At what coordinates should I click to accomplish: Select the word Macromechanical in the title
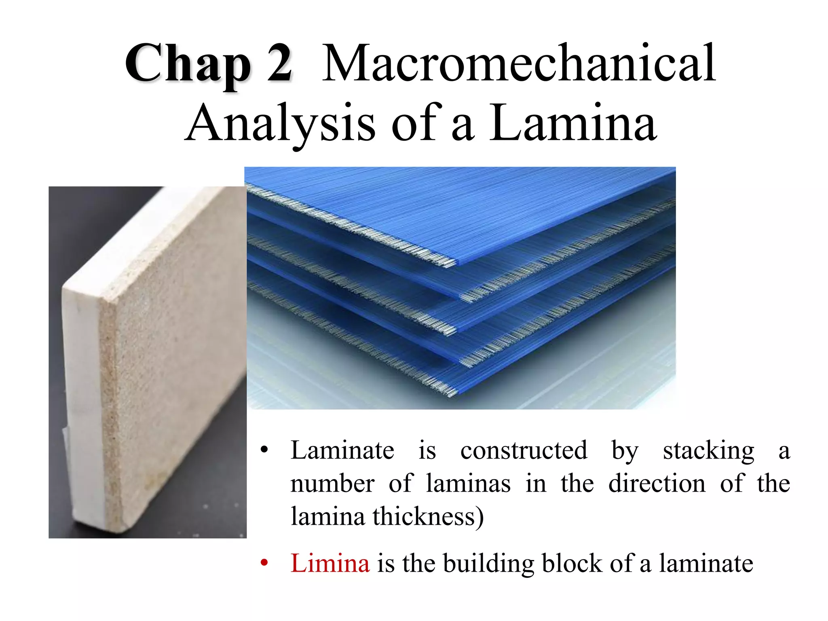(x=519, y=64)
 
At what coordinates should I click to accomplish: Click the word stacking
(x=708, y=451)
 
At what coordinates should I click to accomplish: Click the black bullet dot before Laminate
(x=264, y=450)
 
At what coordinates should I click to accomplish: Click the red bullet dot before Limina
(x=264, y=563)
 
